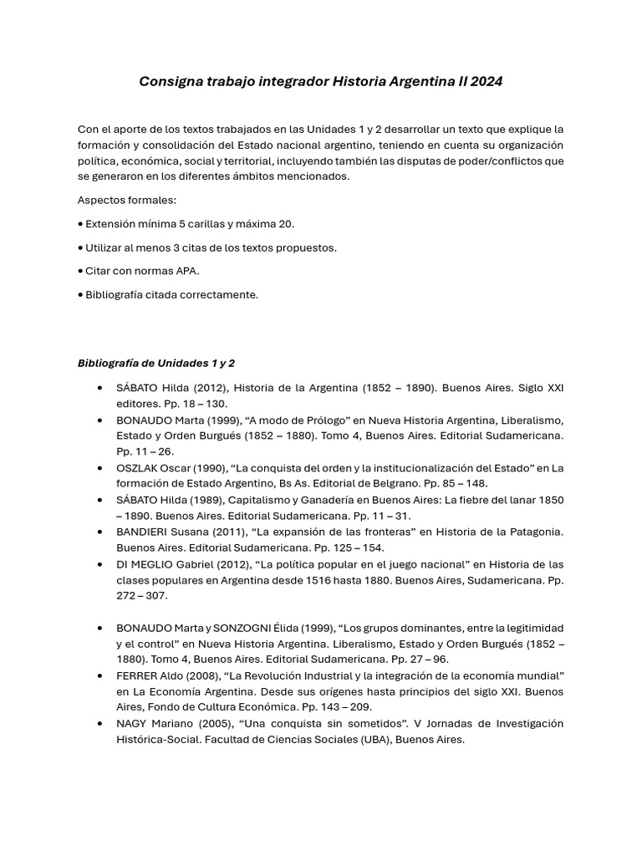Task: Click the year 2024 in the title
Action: tap(487, 82)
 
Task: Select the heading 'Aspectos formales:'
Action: tap(127, 201)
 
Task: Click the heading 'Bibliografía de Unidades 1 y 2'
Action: tap(156, 364)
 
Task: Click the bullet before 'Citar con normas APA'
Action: tap(80, 271)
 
